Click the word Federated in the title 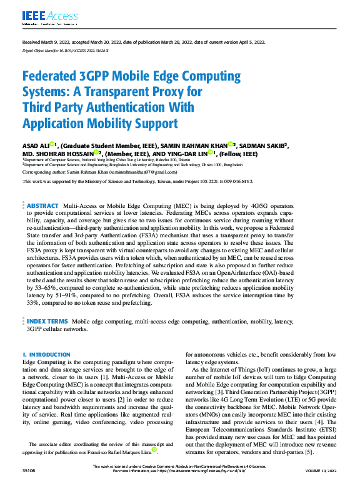(56, 76)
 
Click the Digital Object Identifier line (66, 49)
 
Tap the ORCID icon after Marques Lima (154, 449)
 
